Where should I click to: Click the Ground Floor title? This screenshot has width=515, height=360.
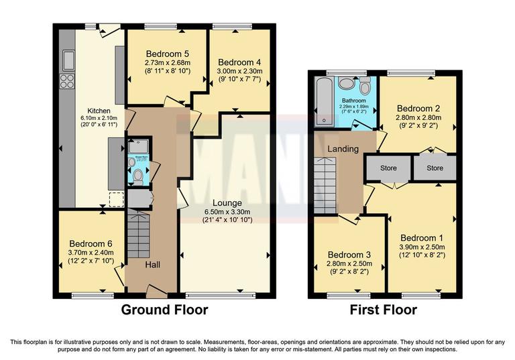coord(164,310)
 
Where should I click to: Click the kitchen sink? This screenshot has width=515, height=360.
coord(68,60)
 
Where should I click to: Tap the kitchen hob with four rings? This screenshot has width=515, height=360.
coord(68,81)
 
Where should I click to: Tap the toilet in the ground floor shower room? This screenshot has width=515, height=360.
coord(137,176)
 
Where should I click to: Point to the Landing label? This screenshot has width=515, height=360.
coord(342,149)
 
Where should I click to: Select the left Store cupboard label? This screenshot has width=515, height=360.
coord(388,168)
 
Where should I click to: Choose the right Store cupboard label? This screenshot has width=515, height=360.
coord(435,168)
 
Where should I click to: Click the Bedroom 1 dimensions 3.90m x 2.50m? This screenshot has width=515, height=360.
coord(422,247)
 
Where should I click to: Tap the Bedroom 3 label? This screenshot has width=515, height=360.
coord(348,255)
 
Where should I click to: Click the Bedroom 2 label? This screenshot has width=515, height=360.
coord(418,108)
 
